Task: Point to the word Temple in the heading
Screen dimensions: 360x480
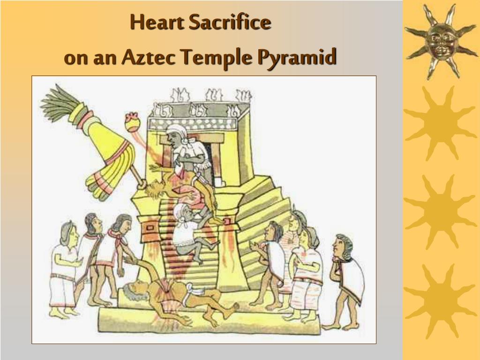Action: click(x=215, y=58)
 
